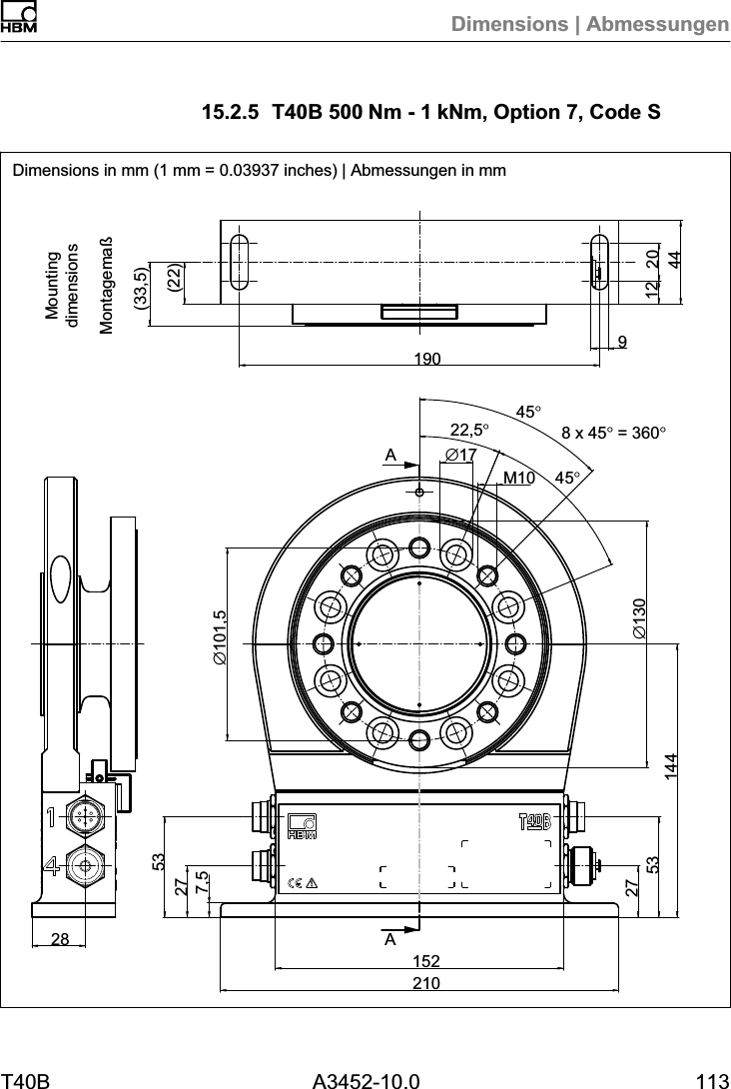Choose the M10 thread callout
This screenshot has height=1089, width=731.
coord(518,478)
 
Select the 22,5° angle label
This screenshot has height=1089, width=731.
coord(470,431)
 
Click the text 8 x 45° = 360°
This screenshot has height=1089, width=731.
coord(613,433)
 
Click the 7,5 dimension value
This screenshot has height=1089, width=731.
coord(203,881)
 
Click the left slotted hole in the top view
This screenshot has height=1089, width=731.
coord(240,262)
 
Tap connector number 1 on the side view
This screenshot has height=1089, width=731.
coord(85,815)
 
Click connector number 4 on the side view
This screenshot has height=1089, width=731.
coord(85,865)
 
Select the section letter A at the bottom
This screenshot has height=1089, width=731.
coord(390,940)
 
